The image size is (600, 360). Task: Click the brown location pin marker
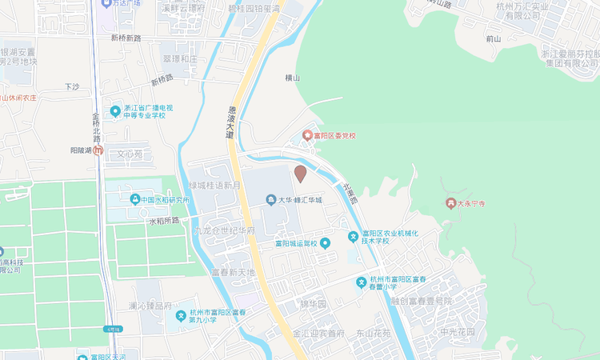(301, 174)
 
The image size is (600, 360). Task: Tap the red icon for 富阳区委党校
(306, 135)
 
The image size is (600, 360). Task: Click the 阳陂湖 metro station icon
(98, 150)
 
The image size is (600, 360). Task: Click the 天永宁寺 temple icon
(451, 204)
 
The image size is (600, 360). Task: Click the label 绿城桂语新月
(215, 185)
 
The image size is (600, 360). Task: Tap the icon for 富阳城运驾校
(325, 243)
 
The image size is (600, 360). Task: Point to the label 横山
(292, 78)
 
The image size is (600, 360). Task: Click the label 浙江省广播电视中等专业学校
(148, 111)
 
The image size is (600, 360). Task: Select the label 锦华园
(313, 304)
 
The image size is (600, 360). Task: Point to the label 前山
(493, 38)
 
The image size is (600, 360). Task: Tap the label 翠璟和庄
(180, 58)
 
